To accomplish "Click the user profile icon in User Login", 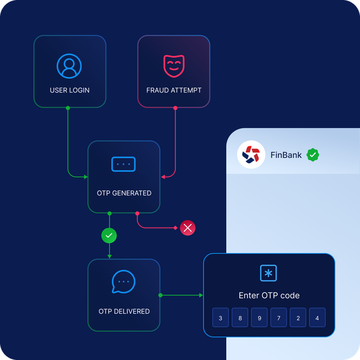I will (69, 66).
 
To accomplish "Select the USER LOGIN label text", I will (70, 91).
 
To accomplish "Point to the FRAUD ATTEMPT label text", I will (174, 91).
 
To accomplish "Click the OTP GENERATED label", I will (124, 193).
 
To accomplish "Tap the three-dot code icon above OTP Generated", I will (124, 164).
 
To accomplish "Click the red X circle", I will (188, 228).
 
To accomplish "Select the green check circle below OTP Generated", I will (109, 236).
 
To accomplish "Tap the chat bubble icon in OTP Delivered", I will (124, 281).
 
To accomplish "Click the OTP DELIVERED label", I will (124, 311).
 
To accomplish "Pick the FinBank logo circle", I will (251, 155).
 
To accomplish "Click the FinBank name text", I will (286, 155).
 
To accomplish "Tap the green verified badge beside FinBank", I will (313, 155).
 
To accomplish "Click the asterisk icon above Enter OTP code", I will (268, 273).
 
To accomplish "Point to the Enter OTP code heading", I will (269, 295).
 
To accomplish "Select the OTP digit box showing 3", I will (221, 318).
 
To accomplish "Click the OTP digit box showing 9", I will (259, 318).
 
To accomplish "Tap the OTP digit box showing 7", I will (278, 318).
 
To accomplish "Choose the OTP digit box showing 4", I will (317, 318).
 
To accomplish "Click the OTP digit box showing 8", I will (240, 318).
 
